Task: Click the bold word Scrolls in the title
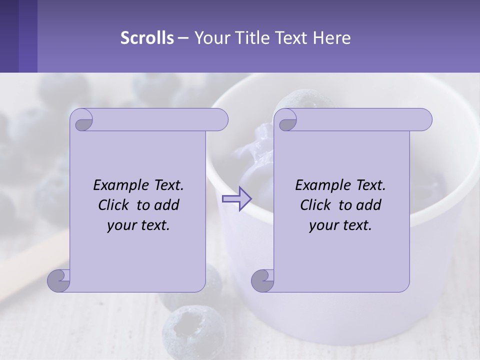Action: [x=147, y=37]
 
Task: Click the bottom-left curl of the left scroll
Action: [x=58, y=281]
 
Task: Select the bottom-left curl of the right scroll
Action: [x=262, y=281]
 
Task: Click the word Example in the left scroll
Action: [x=119, y=185]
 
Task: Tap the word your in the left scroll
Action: [x=121, y=225]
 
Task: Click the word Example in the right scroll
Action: [x=321, y=185]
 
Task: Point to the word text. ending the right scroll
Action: [x=355, y=225]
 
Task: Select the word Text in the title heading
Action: [x=292, y=37]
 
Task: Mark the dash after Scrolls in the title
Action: [x=183, y=37]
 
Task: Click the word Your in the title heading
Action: [x=210, y=37]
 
